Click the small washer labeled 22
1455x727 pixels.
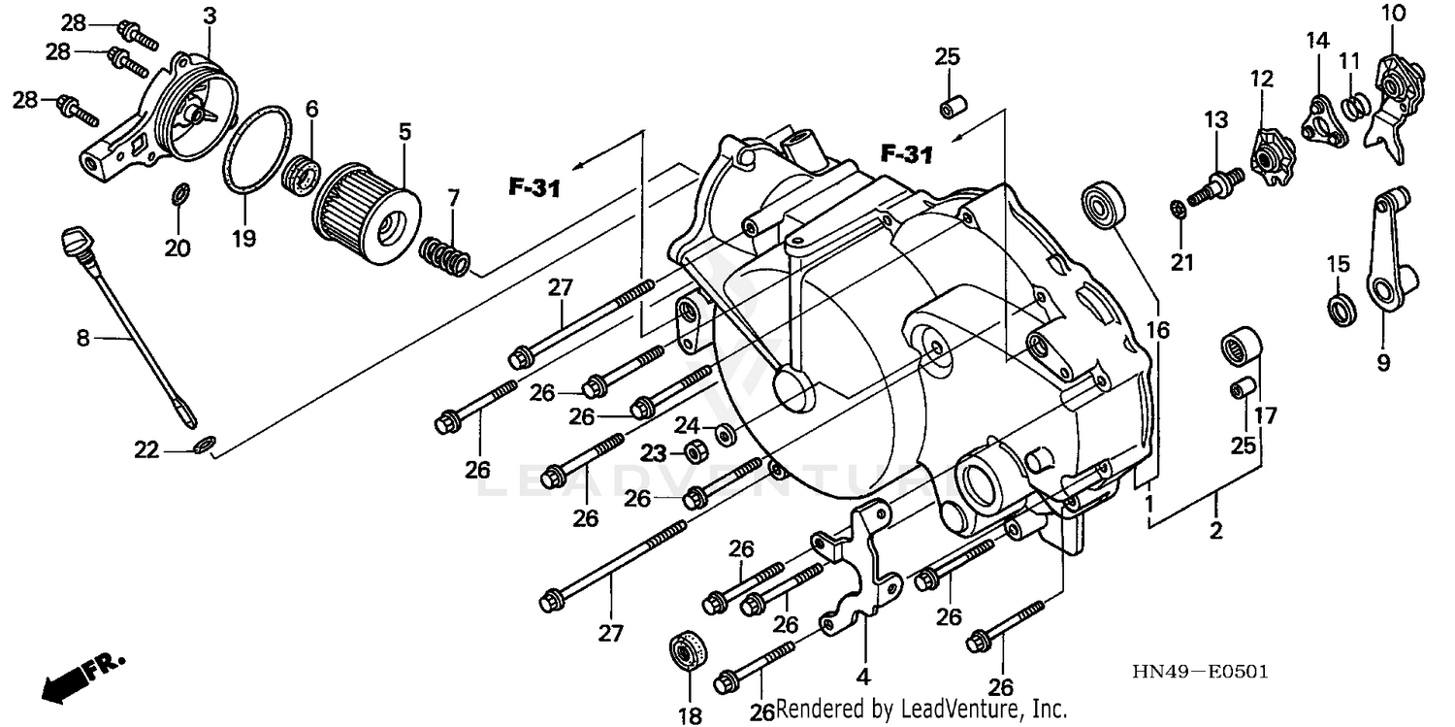point(204,445)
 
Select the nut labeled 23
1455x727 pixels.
point(695,451)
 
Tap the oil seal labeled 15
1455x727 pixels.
point(1340,308)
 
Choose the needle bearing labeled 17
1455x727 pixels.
point(1241,345)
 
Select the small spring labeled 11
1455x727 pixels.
point(1354,101)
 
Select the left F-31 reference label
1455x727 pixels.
point(533,186)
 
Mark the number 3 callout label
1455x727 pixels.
point(210,16)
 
